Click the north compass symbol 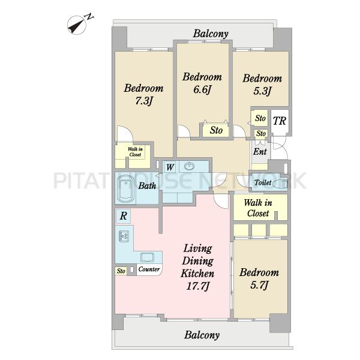coord(77,25)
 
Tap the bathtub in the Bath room coord(125,188)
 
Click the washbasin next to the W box coord(189,166)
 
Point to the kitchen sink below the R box coord(124,236)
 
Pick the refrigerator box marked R coord(123,216)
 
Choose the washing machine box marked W coord(169,167)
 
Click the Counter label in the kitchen coord(149,269)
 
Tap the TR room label coord(280,121)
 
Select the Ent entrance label coord(260,152)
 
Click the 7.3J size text coord(144,101)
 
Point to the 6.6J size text coord(202,89)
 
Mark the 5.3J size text coord(262,91)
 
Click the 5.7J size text coord(259,285)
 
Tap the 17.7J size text coord(197,286)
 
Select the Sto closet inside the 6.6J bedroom coord(216,130)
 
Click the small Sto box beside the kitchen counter coord(121,271)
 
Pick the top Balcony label coord(211,34)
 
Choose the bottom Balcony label coord(202,335)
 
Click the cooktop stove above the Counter coord(148,257)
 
